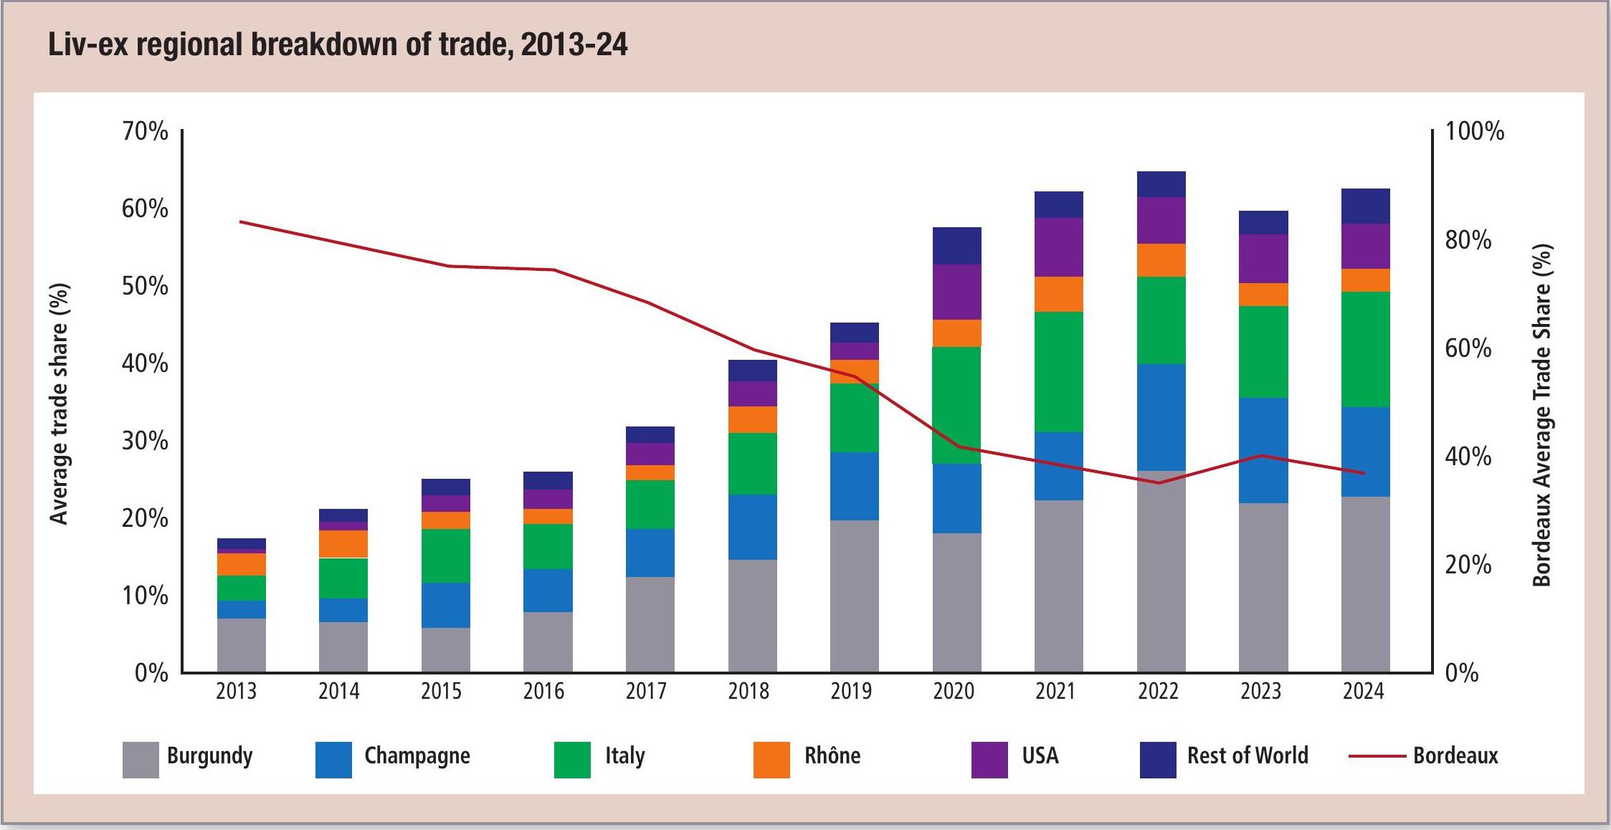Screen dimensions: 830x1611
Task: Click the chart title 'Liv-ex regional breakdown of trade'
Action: [337, 44]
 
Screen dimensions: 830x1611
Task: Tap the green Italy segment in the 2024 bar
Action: [1365, 349]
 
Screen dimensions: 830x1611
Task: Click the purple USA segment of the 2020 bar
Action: [956, 292]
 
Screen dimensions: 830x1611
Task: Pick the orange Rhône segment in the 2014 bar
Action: [343, 544]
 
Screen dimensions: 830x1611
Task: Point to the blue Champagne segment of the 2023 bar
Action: [1263, 450]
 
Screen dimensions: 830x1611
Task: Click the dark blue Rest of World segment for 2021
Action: [1058, 205]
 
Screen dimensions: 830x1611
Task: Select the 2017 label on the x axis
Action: [646, 691]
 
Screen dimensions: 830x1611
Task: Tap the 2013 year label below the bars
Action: [236, 691]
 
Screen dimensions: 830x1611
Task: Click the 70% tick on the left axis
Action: [145, 132]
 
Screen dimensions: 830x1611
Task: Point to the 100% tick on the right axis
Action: [1474, 132]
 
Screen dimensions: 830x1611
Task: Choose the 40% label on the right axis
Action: [1468, 457]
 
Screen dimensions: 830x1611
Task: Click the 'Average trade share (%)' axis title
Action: [59, 404]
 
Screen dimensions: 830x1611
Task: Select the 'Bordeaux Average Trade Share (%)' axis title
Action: [1542, 415]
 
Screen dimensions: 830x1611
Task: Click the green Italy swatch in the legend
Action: [572, 760]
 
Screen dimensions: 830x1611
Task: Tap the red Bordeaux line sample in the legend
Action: [1377, 756]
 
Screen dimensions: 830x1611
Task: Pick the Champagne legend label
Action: [417, 756]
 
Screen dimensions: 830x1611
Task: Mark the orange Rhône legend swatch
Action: [771, 760]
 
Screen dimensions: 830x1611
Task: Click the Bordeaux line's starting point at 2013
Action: [241, 222]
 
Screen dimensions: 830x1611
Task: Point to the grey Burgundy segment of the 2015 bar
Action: [445, 649]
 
